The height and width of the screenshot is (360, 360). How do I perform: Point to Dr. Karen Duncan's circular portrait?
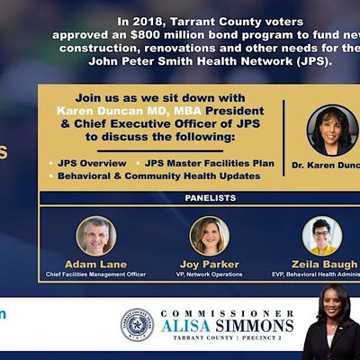(x=332, y=130)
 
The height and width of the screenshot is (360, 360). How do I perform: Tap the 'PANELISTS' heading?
(x=211, y=197)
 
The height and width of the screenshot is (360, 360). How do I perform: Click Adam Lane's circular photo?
(x=96, y=235)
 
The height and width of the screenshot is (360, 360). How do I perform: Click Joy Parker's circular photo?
(x=210, y=235)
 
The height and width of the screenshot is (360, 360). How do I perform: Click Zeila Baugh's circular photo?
(x=322, y=235)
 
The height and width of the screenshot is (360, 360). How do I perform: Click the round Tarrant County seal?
(x=138, y=324)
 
